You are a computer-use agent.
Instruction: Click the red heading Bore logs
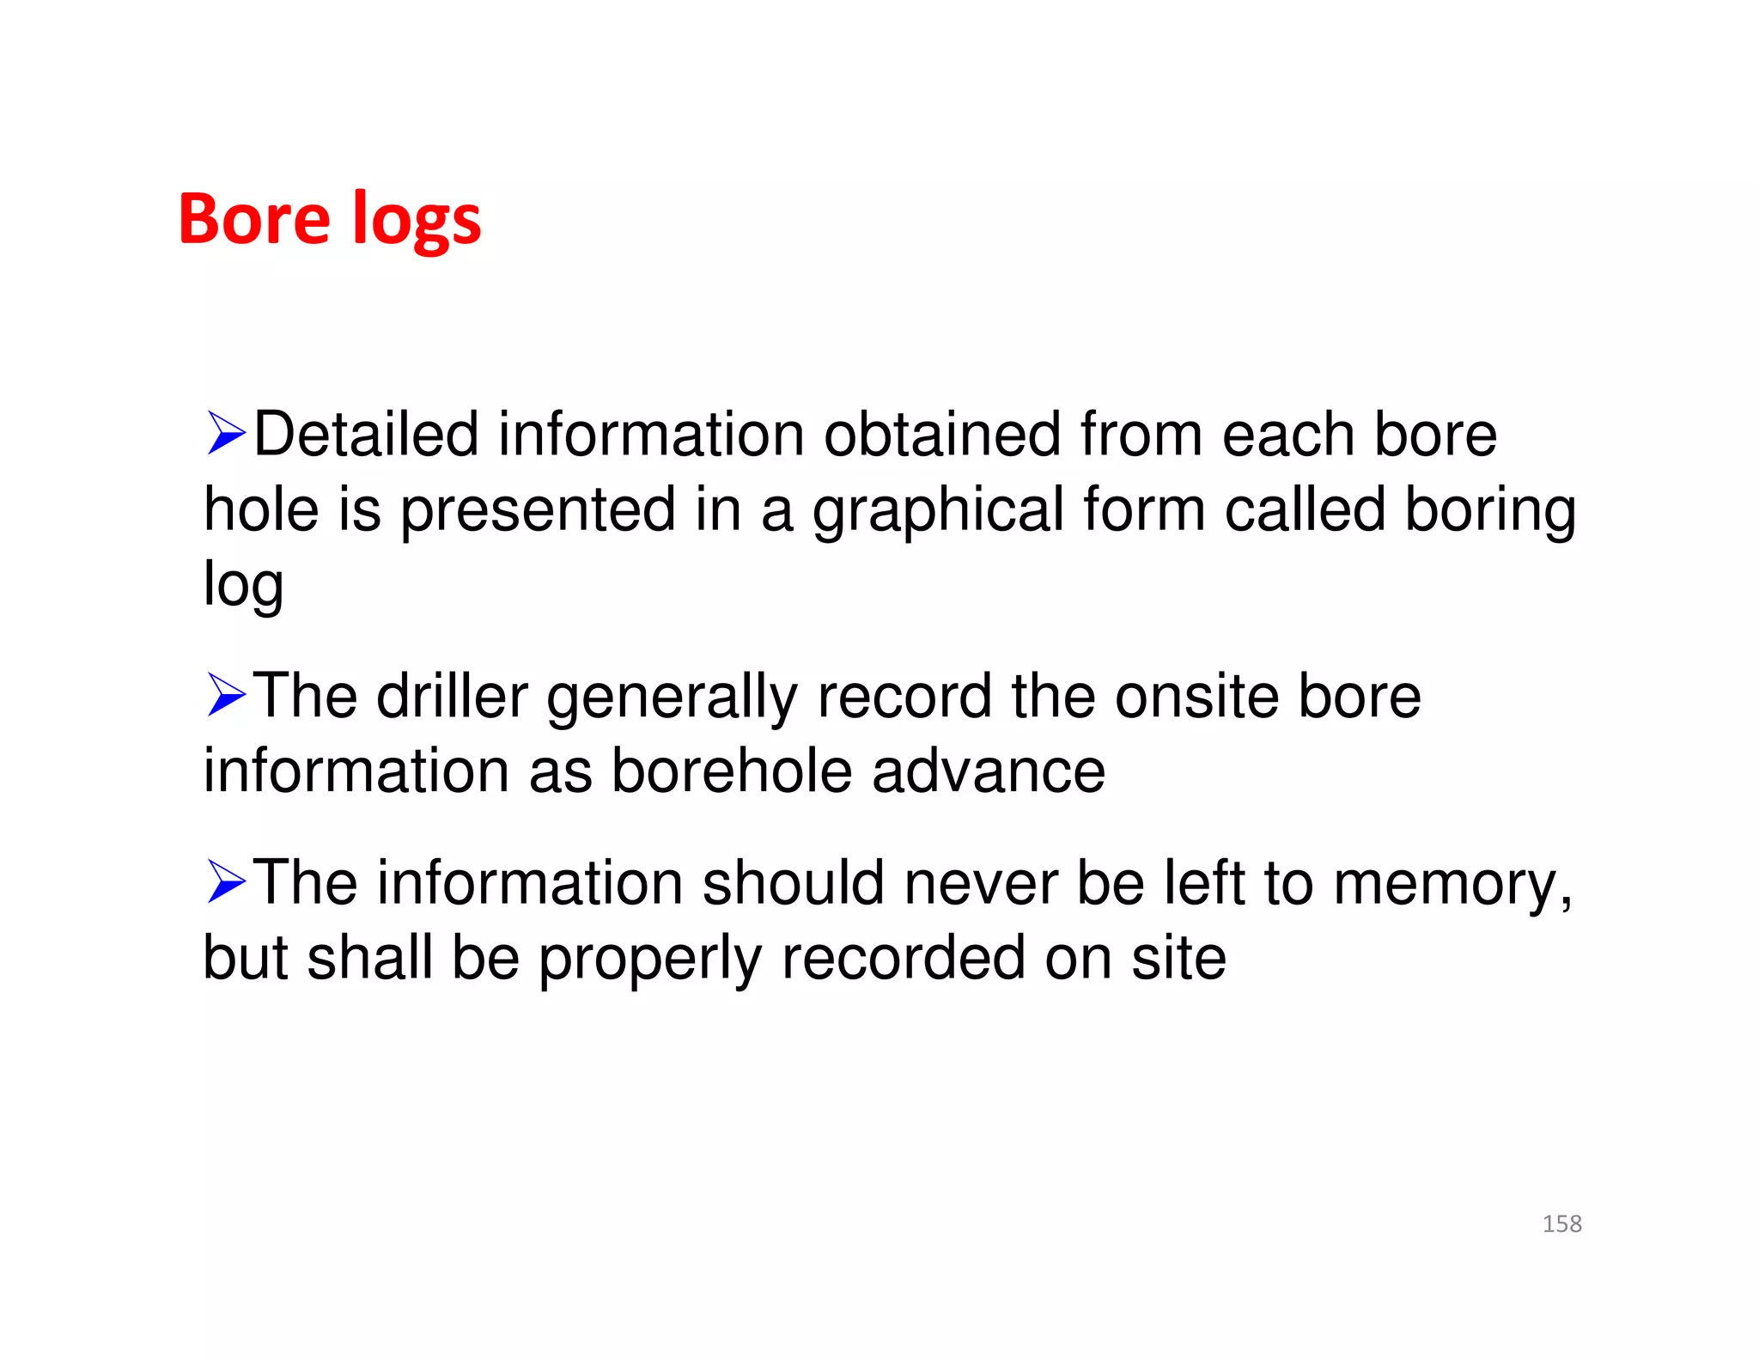point(329,220)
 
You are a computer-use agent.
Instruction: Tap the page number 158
point(1561,1223)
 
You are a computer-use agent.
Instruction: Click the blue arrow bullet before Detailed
point(226,433)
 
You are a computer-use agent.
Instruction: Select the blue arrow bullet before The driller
point(226,695)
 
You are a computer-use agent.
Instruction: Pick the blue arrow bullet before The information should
point(226,882)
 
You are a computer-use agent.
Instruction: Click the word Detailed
point(366,434)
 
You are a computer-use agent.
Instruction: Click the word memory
point(1452,885)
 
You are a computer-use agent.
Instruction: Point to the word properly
point(650,960)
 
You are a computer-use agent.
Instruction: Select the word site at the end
point(1178,958)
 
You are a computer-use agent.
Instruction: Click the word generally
point(673,698)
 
